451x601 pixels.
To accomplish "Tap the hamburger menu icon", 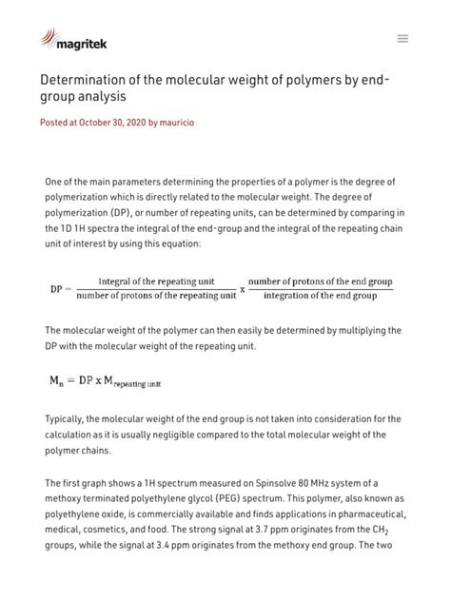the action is coord(402,39).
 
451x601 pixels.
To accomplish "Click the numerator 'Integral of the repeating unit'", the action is coord(156,281).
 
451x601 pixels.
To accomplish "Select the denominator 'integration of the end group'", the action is coord(320,296).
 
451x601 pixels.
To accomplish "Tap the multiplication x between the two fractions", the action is coord(242,289).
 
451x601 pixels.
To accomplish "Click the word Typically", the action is coord(68,418).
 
